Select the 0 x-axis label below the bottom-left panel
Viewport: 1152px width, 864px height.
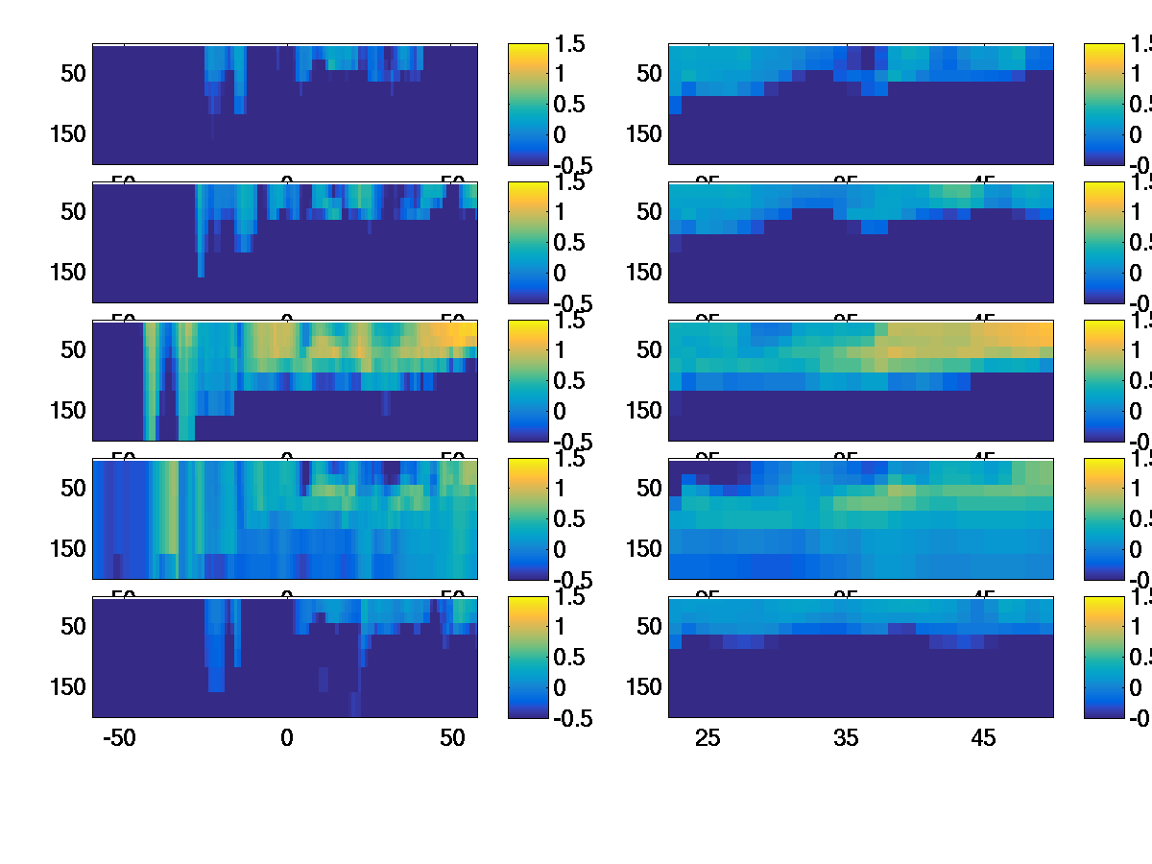(x=286, y=738)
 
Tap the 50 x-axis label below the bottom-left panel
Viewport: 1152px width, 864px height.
(x=452, y=738)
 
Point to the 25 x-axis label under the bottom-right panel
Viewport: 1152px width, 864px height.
(x=708, y=738)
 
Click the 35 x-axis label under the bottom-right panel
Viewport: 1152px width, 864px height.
(x=846, y=738)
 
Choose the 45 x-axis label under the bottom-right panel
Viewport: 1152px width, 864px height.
(x=984, y=738)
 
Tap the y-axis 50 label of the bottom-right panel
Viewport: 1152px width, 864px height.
(x=650, y=627)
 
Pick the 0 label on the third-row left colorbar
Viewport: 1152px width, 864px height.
(x=562, y=411)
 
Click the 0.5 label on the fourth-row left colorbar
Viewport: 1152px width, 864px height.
(x=572, y=519)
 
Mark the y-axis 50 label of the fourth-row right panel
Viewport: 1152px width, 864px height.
(x=650, y=489)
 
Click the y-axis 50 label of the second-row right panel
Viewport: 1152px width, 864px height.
(x=650, y=212)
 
